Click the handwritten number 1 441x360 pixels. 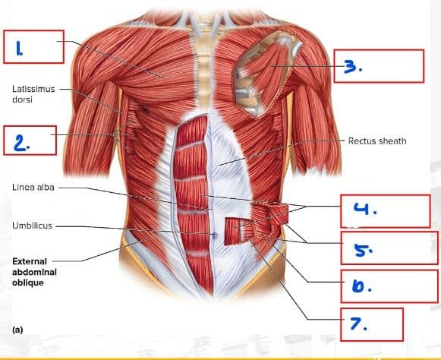coord(19,49)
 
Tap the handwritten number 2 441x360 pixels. coord(21,143)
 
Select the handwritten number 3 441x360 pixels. coord(353,67)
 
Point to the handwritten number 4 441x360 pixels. coord(365,209)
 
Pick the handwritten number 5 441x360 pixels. coord(363,250)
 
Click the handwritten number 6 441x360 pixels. coord(362,286)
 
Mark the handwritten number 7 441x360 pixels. coord(358,324)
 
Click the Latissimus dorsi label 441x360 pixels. coord(33,94)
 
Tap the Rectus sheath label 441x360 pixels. coord(377,141)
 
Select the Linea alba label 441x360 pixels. coord(33,187)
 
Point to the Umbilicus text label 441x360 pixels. coord(32,226)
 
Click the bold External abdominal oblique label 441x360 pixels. coord(34,272)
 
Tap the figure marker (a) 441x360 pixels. coord(17,330)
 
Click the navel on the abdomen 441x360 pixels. coord(215,235)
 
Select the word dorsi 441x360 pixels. coord(22,99)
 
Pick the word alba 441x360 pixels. coord(45,187)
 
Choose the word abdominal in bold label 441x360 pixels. coord(34,272)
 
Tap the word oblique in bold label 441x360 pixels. coord(27,283)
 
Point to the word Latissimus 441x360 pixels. coord(33,89)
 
